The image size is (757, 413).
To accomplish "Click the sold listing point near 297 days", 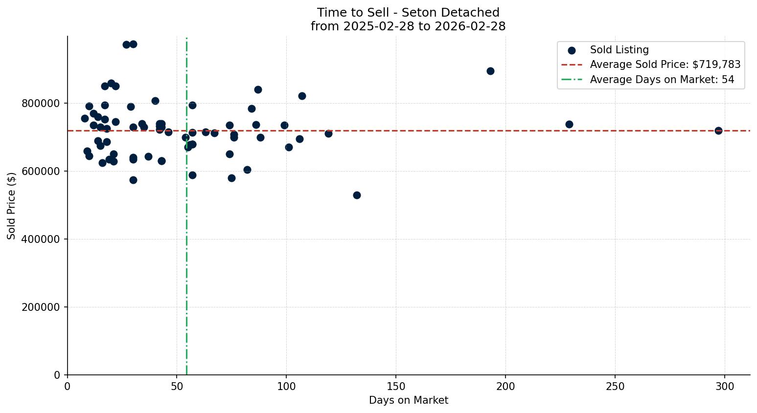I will (x=718, y=130).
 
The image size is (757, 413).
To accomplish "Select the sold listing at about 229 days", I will (x=569, y=124).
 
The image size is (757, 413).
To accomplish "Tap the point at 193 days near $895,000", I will (x=490, y=71).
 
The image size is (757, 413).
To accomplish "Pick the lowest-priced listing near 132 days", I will (x=357, y=195).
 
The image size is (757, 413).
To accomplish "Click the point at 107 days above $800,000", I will (x=302, y=96).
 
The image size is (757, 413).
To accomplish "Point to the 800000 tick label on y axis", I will (x=41, y=104).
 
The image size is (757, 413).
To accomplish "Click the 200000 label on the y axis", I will (x=41, y=307).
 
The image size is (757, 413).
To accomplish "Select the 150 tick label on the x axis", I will (x=396, y=387).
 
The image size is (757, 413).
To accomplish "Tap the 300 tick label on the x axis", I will (x=725, y=387).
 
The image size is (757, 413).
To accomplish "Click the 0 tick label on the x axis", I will (x=68, y=387).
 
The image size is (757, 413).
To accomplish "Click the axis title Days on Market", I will (x=409, y=400).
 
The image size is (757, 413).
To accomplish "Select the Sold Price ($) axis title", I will (x=11, y=206).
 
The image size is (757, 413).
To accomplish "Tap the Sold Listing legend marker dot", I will (x=572, y=50).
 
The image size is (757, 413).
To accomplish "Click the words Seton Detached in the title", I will (x=450, y=13).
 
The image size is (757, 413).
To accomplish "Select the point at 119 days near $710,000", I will (x=328, y=133).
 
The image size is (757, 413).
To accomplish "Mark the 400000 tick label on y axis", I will (x=41, y=239).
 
